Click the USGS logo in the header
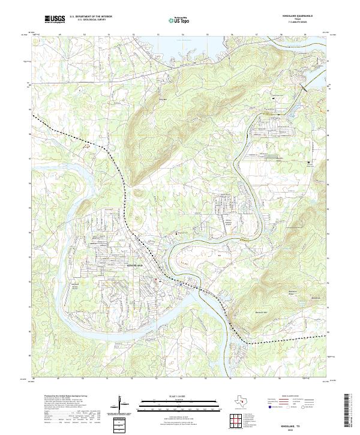[55, 19]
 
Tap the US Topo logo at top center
[177, 20]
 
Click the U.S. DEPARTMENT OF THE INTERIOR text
[91, 16]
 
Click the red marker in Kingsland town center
[157, 278]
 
